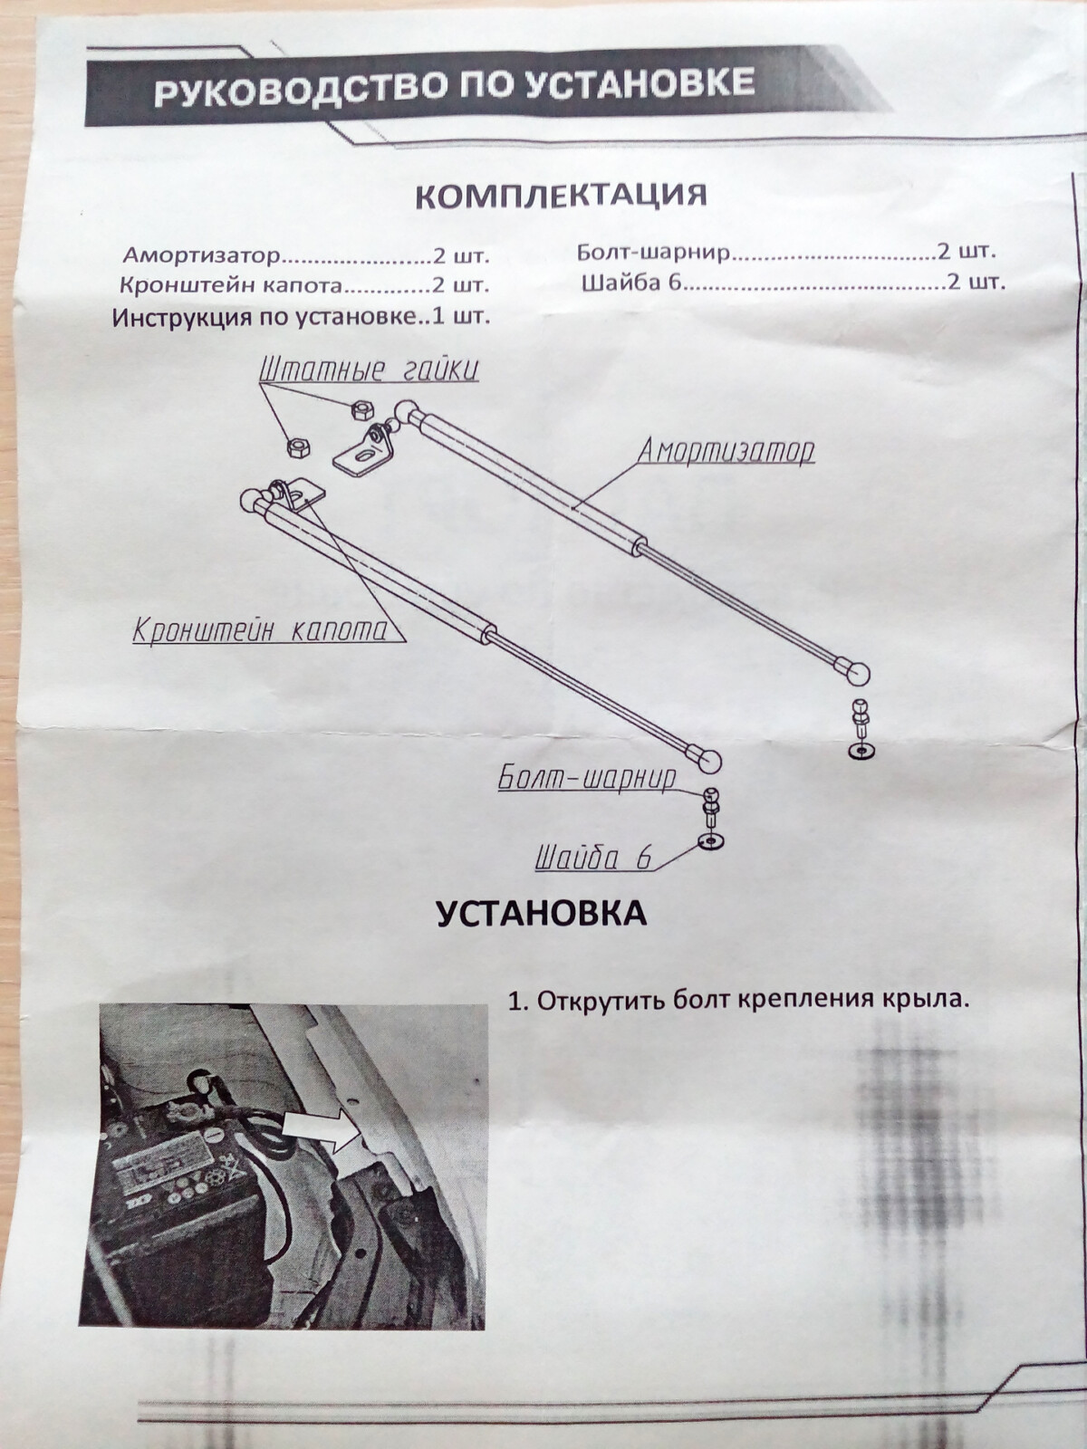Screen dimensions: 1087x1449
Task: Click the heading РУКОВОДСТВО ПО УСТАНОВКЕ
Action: pyautogui.click(x=454, y=86)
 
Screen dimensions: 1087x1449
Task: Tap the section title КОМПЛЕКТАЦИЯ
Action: pyautogui.click(x=563, y=196)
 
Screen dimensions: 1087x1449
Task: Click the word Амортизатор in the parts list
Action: pyautogui.click(x=202, y=254)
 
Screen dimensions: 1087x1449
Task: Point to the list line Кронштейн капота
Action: pyautogui.click(x=232, y=286)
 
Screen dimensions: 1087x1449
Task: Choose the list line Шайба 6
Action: pyautogui.click(x=631, y=283)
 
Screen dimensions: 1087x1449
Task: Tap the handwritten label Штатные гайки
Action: pyautogui.click(x=369, y=370)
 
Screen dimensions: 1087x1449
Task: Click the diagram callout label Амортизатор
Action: pyautogui.click(x=726, y=452)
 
